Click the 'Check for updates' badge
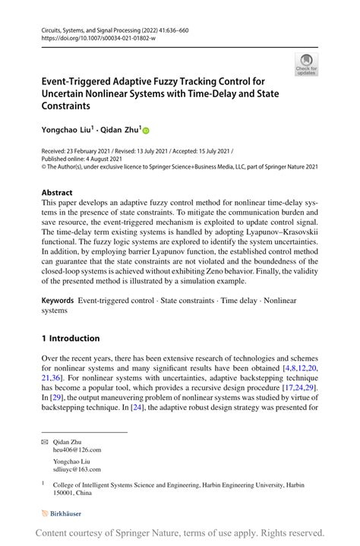pyautogui.click(x=306, y=65)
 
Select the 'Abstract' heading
pyautogui.click(x=57, y=193)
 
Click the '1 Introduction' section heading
pyautogui.click(x=71, y=338)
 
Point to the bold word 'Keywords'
pyautogui.click(x=57, y=301)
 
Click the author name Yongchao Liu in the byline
pyautogui.click(x=67, y=131)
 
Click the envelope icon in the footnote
pyautogui.click(x=44, y=440)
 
